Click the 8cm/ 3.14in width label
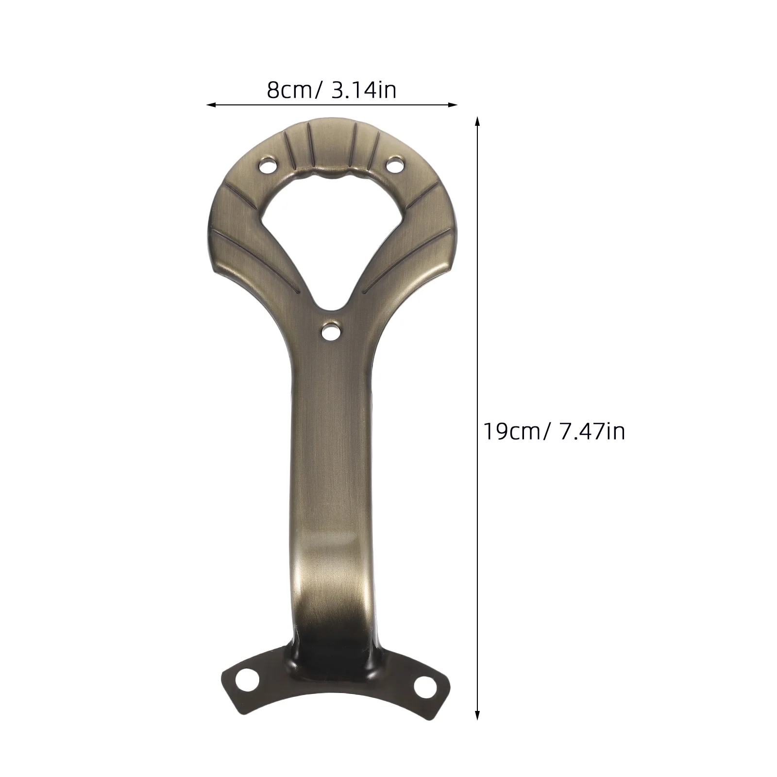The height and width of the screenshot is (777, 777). tap(332, 90)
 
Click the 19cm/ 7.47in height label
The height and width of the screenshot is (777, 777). tap(554, 431)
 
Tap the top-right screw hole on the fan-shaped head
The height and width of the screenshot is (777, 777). tap(396, 164)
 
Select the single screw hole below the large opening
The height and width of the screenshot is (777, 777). tap(332, 332)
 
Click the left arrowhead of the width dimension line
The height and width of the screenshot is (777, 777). tap(211, 104)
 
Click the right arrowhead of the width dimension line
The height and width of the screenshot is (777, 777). tap(454, 104)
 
